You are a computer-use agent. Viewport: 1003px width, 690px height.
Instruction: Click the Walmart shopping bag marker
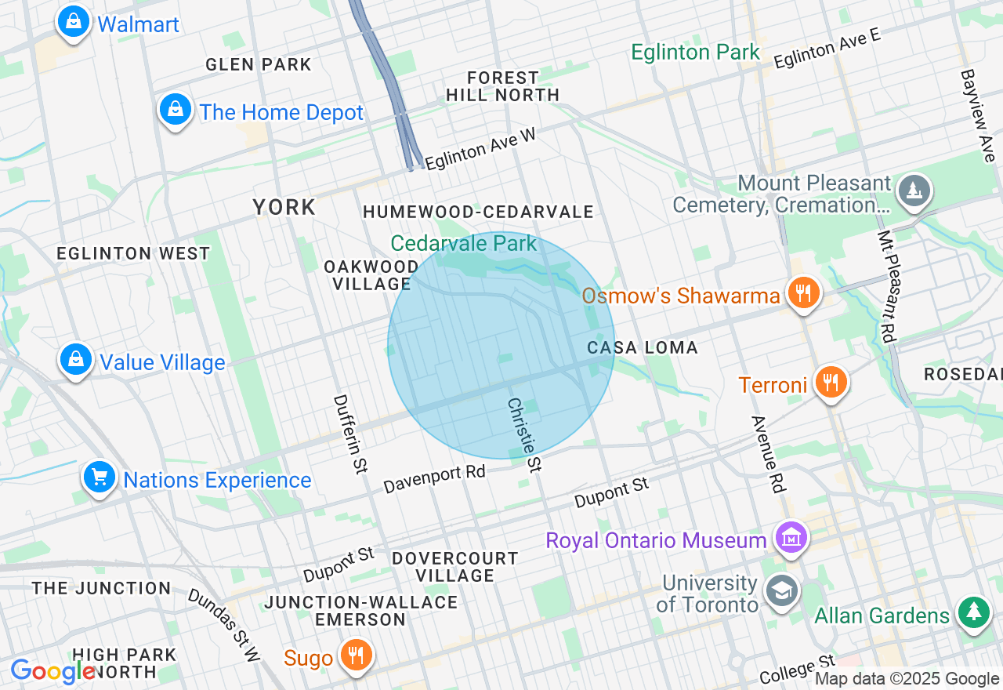(x=73, y=22)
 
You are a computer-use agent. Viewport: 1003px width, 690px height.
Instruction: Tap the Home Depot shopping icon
(x=176, y=110)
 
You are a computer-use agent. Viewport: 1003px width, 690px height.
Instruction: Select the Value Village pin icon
(x=76, y=360)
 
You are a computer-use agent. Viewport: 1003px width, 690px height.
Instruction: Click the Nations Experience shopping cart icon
(x=100, y=477)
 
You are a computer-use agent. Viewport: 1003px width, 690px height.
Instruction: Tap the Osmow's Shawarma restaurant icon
(x=802, y=294)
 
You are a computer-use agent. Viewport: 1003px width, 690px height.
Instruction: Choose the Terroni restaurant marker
(x=830, y=383)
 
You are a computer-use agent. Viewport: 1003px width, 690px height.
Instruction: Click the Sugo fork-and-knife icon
(x=356, y=655)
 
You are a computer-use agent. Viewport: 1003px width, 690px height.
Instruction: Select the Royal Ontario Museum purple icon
(x=790, y=539)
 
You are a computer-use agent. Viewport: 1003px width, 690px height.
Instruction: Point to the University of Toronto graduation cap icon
(x=780, y=591)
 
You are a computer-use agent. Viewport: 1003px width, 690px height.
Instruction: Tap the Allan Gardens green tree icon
(x=973, y=612)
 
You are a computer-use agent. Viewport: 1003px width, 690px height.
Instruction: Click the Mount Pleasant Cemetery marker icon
(x=914, y=191)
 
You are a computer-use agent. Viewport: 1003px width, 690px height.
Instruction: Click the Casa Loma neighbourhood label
(x=643, y=347)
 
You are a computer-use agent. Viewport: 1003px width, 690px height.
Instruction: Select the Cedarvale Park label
(x=464, y=243)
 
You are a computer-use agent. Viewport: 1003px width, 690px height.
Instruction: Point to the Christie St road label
(x=524, y=435)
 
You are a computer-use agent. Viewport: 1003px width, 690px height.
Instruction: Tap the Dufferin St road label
(x=349, y=434)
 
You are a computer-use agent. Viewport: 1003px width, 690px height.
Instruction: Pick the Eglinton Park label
(x=696, y=53)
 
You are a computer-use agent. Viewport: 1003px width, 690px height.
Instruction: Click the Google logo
(x=53, y=672)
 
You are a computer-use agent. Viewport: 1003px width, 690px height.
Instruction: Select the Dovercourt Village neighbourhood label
(x=454, y=567)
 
